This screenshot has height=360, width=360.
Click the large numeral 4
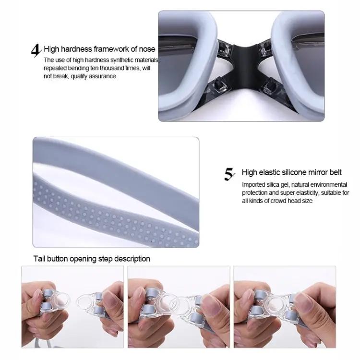(x=36, y=50)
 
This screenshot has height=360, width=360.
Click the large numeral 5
(x=229, y=174)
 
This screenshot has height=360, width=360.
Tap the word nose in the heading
(x=147, y=49)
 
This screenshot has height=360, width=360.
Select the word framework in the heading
(x=111, y=49)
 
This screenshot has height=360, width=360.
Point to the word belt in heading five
(x=336, y=172)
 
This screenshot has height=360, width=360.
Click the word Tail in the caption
(x=39, y=259)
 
